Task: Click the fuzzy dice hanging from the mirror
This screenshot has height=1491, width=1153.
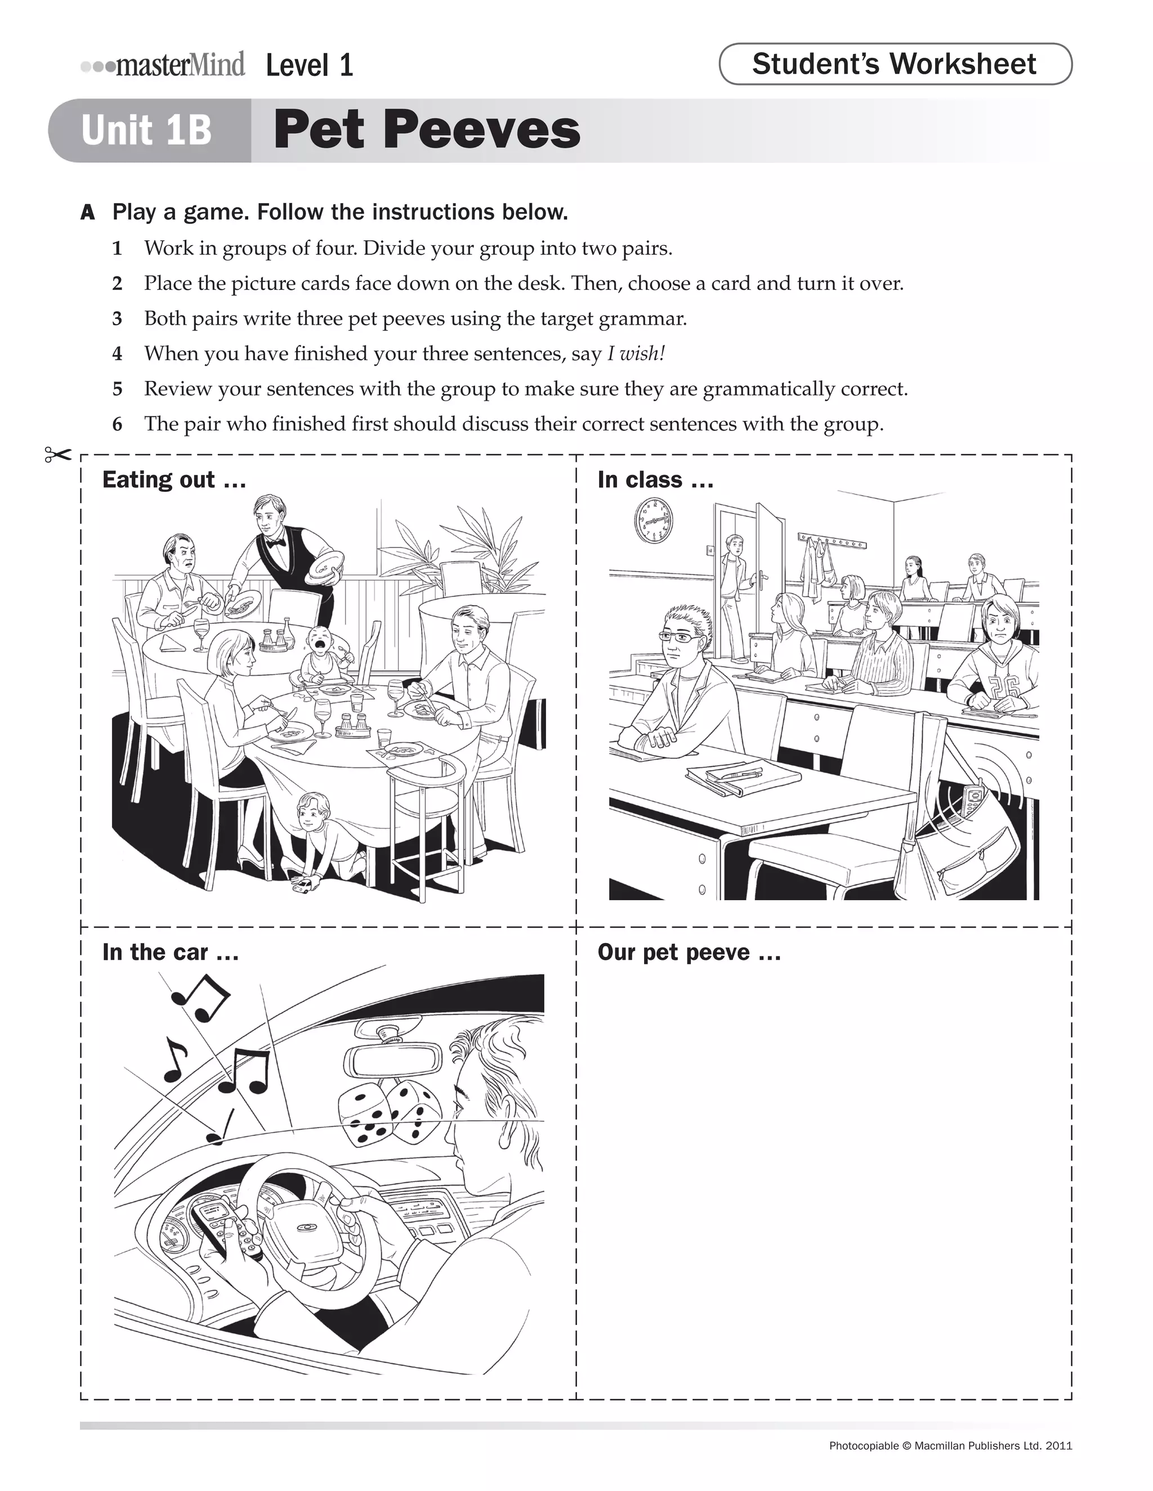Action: (x=388, y=1113)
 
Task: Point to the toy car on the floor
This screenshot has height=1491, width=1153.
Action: (x=302, y=886)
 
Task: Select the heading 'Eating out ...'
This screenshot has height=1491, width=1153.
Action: (x=173, y=480)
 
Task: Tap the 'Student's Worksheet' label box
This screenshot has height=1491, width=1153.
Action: (x=895, y=64)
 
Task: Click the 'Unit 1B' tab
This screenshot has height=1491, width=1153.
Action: (x=147, y=130)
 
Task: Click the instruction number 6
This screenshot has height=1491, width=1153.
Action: (x=118, y=425)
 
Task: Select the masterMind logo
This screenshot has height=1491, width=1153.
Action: (x=164, y=65)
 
